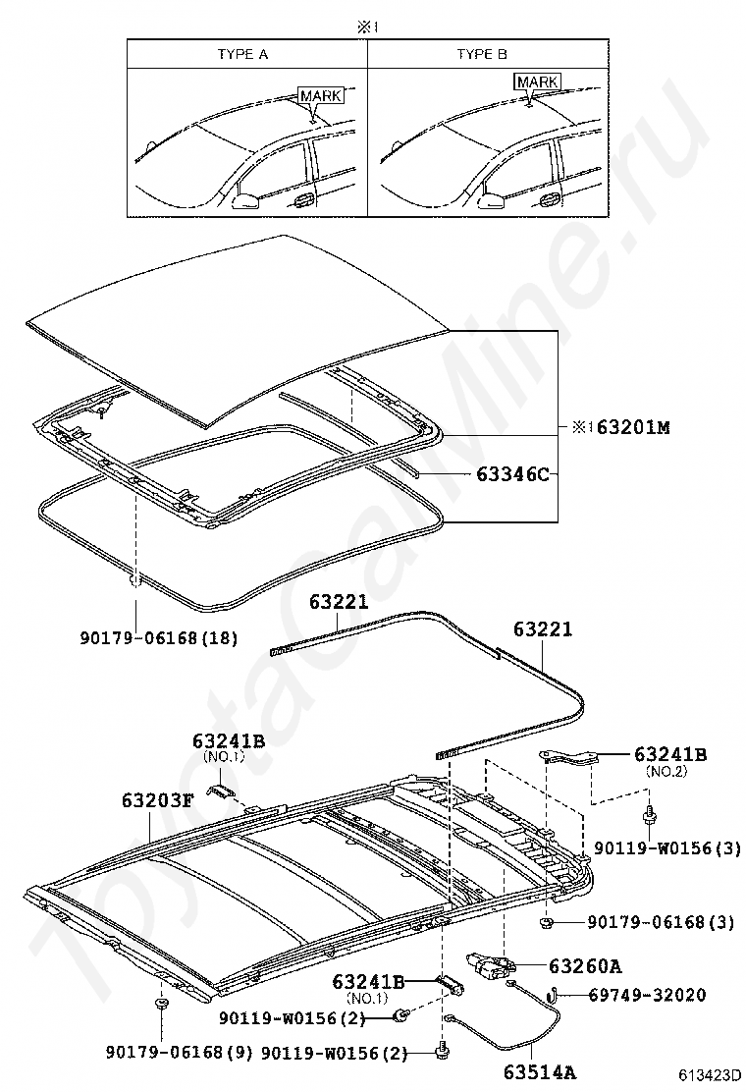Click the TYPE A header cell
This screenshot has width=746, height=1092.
(x=242, y=54)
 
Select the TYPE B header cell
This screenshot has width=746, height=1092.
(x=482, y=54)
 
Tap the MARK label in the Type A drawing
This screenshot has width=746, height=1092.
(x=320, y=95)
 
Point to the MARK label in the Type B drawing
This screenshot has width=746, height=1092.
(x=537, y=82)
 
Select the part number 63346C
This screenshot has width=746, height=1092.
(x=512, y=474)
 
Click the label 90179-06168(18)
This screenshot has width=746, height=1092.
(x=159, y=637)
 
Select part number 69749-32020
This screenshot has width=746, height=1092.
(x=647, y=995)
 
